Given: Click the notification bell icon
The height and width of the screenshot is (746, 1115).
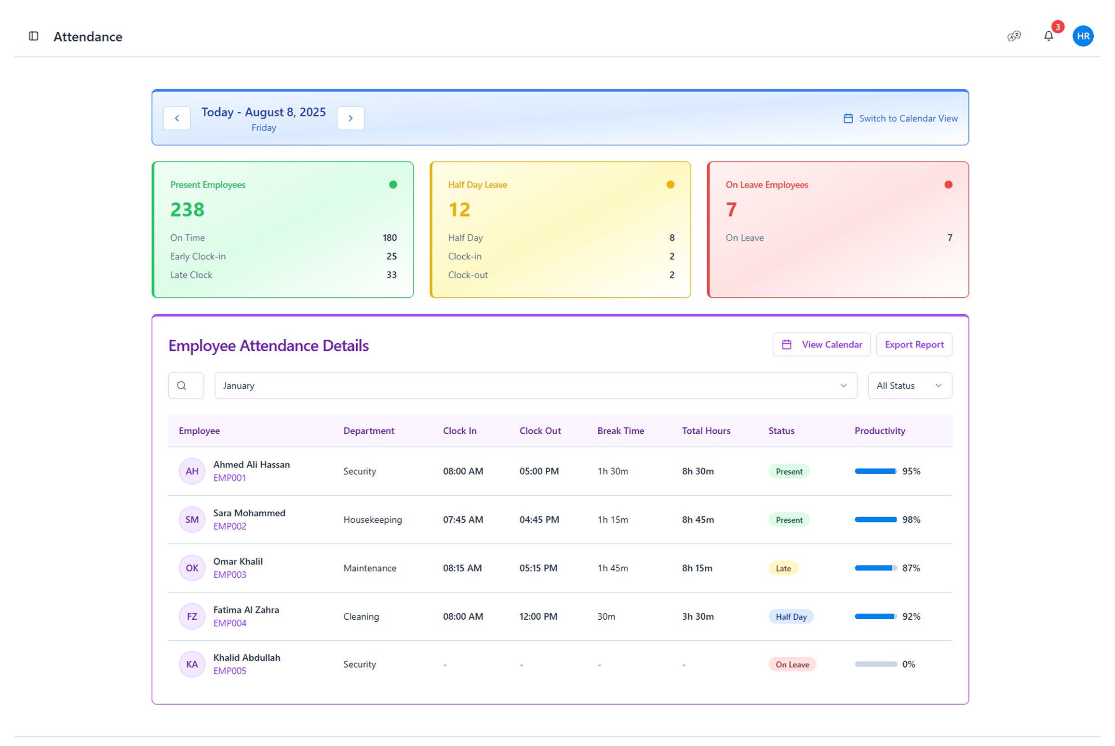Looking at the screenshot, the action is tap(1048, 36).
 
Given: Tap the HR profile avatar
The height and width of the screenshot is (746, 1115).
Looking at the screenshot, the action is tap(1083, 36).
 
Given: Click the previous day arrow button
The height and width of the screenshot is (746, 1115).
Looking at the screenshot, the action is tap(177, 118).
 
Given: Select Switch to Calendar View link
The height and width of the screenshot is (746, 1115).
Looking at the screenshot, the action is tap(900, 119).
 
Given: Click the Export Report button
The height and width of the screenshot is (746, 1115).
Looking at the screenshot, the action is tap(914, 345).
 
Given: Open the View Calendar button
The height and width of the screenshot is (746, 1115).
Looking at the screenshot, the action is tap(821, 345).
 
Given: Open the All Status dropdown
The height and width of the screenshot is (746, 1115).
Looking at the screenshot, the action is tap(910, 386).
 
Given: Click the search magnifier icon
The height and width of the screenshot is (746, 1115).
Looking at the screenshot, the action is tap(182, 386).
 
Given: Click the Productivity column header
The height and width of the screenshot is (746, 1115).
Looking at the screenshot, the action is tap(880, 431).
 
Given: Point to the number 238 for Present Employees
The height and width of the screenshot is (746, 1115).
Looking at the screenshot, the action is tap(188, 210).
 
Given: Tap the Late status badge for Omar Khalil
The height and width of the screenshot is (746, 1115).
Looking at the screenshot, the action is tap(783, 568).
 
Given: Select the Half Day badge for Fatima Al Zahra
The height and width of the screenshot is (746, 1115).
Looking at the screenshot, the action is tap(791, 616).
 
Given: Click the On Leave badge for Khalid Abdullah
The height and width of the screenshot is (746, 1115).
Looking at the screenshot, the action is tap(792, 665).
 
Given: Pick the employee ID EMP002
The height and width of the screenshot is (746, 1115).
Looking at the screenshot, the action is tap(229, 526).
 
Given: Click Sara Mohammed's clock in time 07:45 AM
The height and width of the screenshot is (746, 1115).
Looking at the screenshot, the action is tap(463, 520).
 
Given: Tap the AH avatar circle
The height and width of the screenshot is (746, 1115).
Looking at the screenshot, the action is tap(192, 471).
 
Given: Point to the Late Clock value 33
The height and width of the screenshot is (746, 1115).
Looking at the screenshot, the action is tap(391, 275).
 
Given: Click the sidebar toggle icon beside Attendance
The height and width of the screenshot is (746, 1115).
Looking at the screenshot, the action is tap(34, 36).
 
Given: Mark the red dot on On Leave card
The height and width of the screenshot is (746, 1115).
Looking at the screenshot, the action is tap(948, 185).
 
